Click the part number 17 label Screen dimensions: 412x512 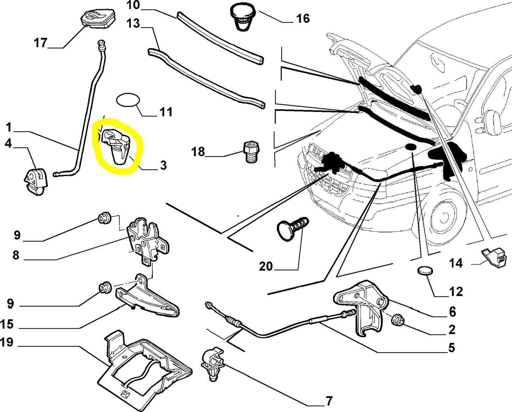[40, 43]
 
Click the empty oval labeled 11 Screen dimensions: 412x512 [128, 100]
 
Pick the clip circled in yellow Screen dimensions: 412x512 [116, 146]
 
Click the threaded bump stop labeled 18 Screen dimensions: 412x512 [252, 152]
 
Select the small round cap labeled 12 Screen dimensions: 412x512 [426, 271]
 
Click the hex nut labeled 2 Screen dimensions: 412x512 [398, 320]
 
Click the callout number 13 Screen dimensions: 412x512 [133, 24]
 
